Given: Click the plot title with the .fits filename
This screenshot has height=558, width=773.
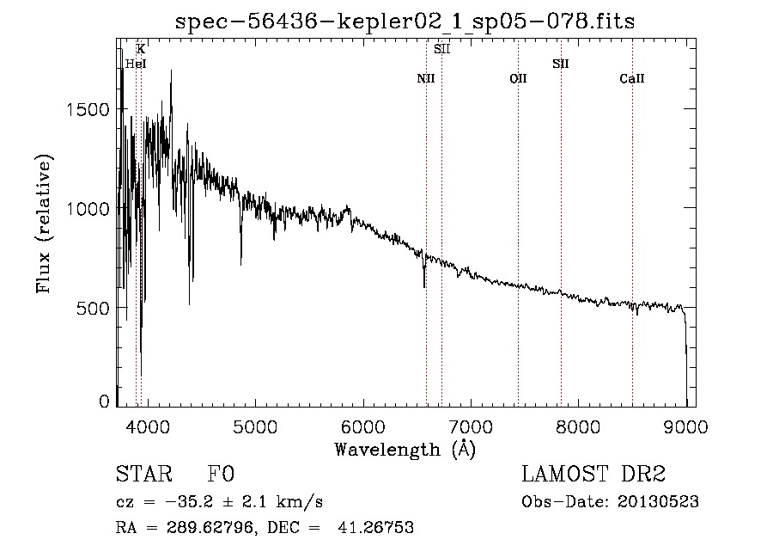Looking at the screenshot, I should tap(405, 21).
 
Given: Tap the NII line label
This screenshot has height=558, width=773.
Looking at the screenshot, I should tap(426, 79).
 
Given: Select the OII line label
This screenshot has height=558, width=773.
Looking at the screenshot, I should tap(518, 79).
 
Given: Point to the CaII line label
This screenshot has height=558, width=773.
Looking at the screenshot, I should tap(632, 79).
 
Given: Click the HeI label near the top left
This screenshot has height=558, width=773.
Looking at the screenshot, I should tap(136, 64).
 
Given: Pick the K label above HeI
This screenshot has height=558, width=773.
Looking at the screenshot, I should tap(141, 49).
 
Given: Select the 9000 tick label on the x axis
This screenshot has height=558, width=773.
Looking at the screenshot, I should tap(685, 425).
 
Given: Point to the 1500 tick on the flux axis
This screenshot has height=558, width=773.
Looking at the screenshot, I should tap(89, 109).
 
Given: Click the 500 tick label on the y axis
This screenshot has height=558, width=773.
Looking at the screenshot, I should tap(94, 308).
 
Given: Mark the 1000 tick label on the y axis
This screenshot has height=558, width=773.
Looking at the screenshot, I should tap(89, 209).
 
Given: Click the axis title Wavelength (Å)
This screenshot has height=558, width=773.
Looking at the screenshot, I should tap(405, 449).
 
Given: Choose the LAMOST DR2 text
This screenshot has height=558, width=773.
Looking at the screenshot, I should tap(593, 475).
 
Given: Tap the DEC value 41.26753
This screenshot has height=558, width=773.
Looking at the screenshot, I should tap(379, 528).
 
